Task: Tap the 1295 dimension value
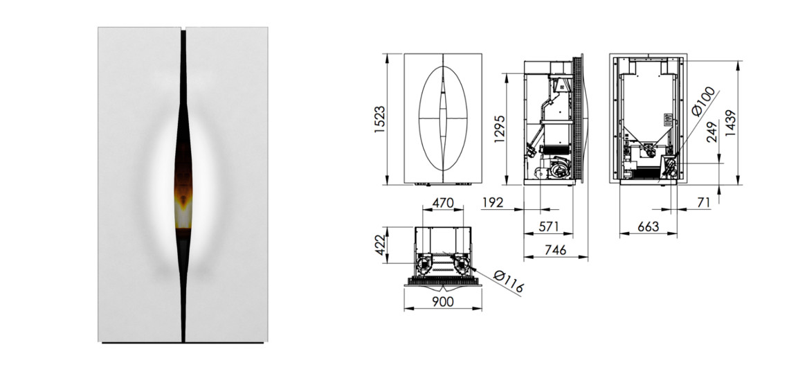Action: click(x=499, y=129)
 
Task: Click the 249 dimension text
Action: click(x=712, y=132)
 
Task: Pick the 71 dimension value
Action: click(x=704, y=202)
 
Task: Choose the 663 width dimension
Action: click(x=648, y=226)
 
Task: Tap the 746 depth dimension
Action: click(x=556, y=249)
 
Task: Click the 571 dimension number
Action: click(x=548, y=226)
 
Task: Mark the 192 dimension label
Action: click(x=493, y=202)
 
